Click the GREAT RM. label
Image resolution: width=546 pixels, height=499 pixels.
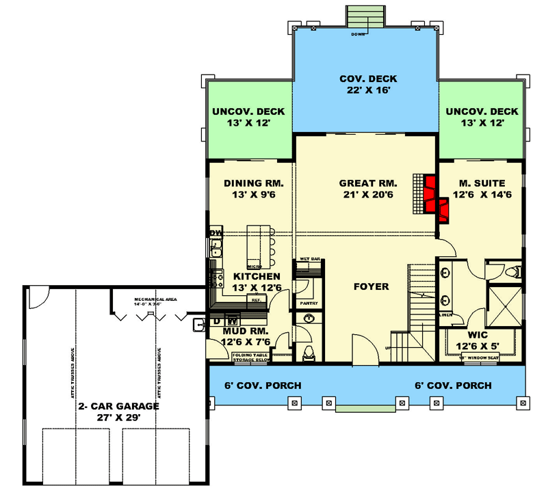pos(366,183)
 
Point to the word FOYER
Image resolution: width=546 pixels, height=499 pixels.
pos(371,286)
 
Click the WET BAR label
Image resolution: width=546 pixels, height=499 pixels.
pos(310,260)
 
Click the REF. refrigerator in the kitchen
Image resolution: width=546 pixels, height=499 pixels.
pos(257,300)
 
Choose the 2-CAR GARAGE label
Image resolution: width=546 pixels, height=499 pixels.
pos(118,405)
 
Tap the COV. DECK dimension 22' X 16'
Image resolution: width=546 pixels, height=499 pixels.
pos(367,90)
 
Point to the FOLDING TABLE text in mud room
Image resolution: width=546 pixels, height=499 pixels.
pos(251,355)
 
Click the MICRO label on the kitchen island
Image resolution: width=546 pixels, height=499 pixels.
pos(254,266)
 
